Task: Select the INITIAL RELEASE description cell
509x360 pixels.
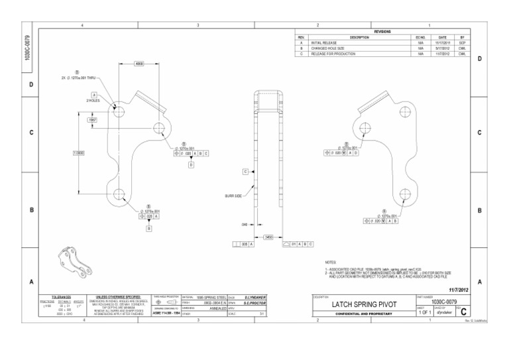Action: tap(325, 43)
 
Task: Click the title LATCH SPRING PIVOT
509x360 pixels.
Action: tap(364, 304)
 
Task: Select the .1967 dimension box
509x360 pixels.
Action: tap(93, 119)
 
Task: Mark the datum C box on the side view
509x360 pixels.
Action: tap(245, 172)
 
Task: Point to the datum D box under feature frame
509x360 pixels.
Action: tap(191, 164)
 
